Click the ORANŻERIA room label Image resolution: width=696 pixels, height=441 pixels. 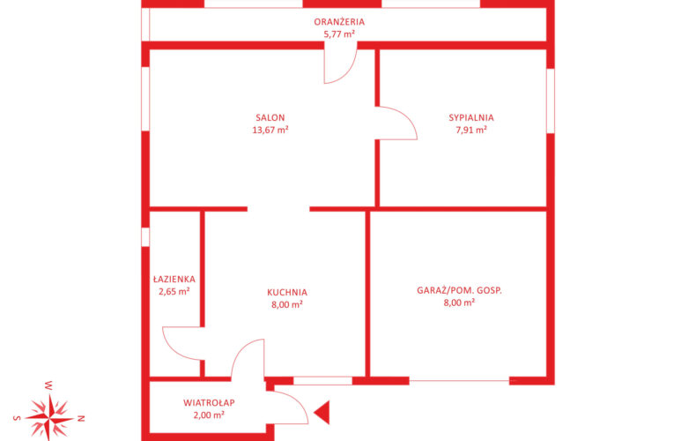click(339, 21)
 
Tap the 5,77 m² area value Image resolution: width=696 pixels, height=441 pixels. click(339, 34)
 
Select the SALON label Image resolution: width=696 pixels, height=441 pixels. click(270, 118)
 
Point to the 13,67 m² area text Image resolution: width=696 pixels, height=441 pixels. click(270, 131)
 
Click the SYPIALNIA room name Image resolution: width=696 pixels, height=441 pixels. click(471, 118)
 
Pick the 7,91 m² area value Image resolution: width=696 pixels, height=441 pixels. click(471, 131)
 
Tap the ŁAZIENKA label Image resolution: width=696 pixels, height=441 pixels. click(174, 280)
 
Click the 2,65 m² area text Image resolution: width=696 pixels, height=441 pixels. click(174, 292)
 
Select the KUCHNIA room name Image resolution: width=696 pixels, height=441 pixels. click(287, 293)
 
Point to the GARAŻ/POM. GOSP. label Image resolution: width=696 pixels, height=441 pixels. click(459, 290)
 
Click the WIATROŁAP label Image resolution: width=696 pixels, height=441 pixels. click(209, 403)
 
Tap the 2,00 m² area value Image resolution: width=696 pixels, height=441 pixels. click(209, 415)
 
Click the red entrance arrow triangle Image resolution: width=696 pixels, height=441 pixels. click(323, 413)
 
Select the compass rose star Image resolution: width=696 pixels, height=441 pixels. click(49, 418)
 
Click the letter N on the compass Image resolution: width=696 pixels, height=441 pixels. click(81, 418)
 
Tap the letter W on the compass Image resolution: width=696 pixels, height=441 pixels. click(48, 385)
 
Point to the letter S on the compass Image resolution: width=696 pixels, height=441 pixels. click(17, 418)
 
